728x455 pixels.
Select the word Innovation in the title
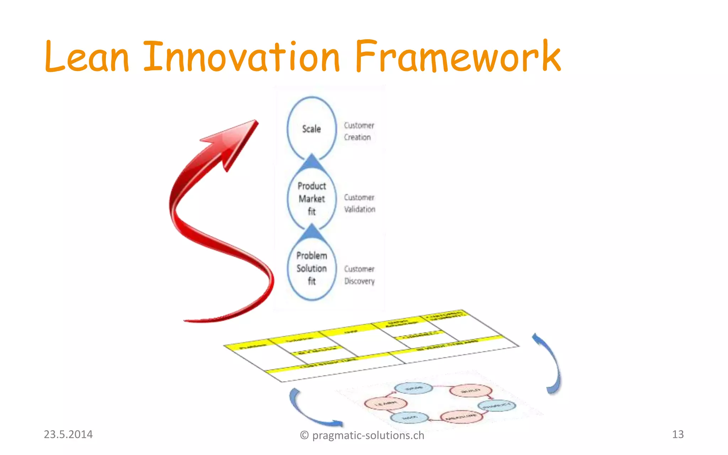tap(242, 57)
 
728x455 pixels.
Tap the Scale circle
tap(311, 129)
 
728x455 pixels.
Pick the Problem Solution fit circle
tap(311, 268)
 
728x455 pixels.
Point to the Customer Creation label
tap(359, 131)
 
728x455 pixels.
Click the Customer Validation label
tap(359, 203)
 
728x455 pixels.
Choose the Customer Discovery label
tap(359, 275)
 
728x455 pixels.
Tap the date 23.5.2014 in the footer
tap(68, 434)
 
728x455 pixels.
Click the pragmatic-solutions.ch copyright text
tap(362, 435)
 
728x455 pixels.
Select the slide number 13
tap(678, 434)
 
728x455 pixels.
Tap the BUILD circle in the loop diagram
tap(471, 391)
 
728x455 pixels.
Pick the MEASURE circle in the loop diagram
tap(461, 417)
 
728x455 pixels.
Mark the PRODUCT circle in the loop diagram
tap(497, 405)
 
